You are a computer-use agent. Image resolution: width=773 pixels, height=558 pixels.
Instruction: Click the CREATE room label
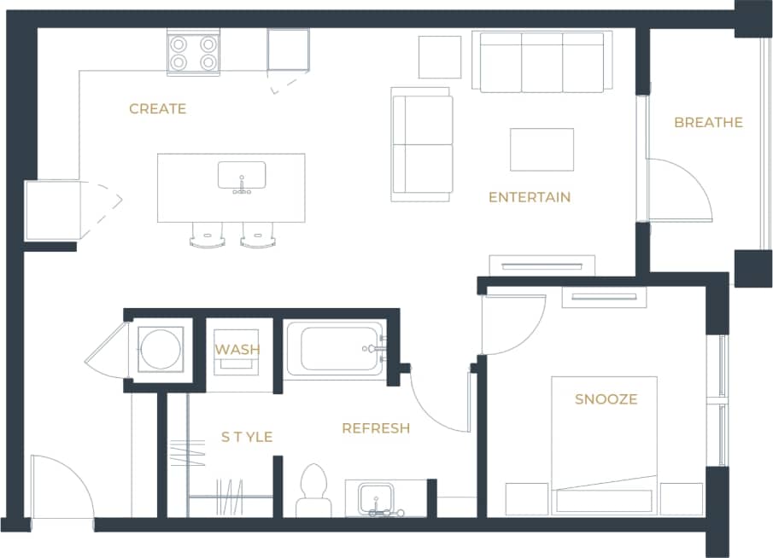(x=157, y=109)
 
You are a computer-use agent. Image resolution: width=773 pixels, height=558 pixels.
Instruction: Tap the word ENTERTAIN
(x=530, y=197)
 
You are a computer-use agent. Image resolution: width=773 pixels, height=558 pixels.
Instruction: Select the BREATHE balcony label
(x=708, y=122)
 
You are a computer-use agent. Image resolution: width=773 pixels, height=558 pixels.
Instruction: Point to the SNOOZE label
(x=606, y=399)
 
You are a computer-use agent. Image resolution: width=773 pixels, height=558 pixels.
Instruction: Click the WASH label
(x=237, y=350)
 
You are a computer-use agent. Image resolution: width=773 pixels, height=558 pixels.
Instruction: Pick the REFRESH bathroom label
(x=376, y=428)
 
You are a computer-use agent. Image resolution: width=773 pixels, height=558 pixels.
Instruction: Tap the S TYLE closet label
(x=247, y=437)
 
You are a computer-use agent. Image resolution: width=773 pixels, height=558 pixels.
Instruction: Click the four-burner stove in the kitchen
(x=192, y=52)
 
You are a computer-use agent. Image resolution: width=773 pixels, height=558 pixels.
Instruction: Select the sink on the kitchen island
(x=242, y=175)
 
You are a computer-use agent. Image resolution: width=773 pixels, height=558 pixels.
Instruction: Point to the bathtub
(x=334, y=348)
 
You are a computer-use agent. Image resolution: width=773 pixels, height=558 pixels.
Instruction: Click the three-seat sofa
(x=542, y=62)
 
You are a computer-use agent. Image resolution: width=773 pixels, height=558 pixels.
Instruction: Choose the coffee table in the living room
(x=542, y=149)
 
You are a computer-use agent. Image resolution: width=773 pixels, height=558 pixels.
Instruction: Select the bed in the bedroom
(x=604, y=444)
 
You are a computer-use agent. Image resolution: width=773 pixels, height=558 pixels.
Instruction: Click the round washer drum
(x=161, y=349)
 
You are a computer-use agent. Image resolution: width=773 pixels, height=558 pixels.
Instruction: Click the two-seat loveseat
(x=422, y=144)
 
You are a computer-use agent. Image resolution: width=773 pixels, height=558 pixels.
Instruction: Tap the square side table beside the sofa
(x=439, y=57)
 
